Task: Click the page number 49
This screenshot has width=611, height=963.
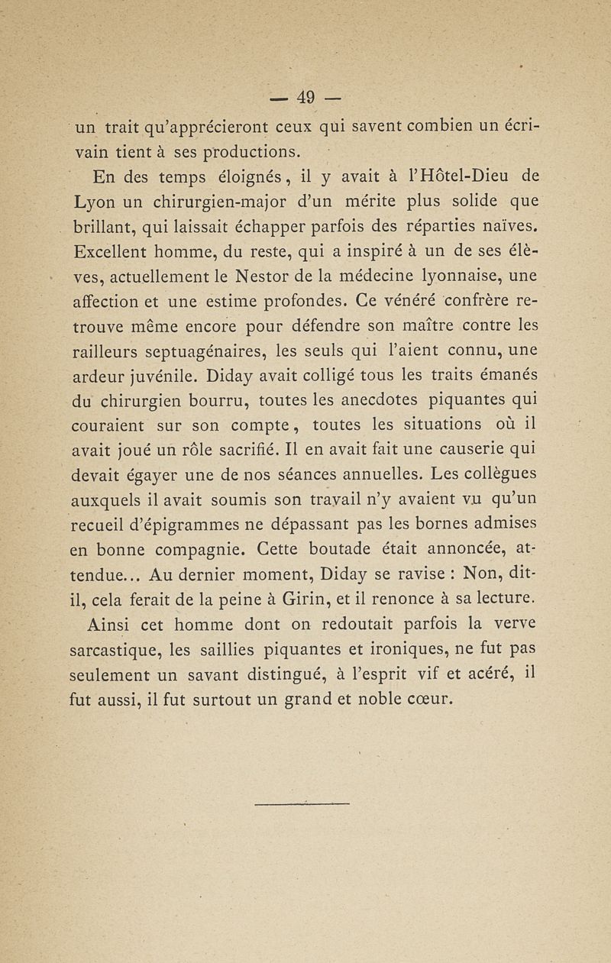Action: pyautogui.click(x=306, y=97)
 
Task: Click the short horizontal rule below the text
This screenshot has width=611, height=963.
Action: pyautogui.click(x=303, y=803)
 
